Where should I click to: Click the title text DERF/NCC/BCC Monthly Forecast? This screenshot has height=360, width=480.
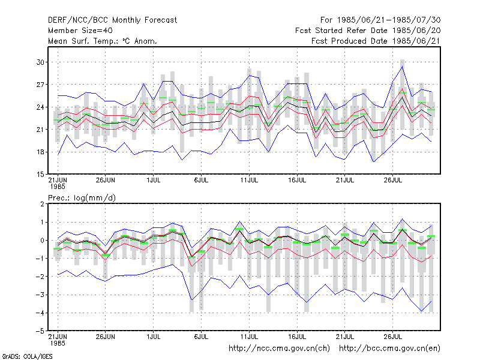(x=112, y=20)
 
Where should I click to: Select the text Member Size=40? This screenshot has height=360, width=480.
(x=80, y=31)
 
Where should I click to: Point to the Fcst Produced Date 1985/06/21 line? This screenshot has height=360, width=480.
(x=376, y=41)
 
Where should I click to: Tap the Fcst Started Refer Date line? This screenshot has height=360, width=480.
(x=368, y=31)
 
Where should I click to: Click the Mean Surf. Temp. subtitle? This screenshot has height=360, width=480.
(x=103, y=41)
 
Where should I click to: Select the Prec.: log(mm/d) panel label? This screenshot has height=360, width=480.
(x=82, y=198)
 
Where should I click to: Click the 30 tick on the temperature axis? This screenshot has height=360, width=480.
(x=40, y=62)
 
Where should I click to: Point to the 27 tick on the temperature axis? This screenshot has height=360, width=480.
(x=40, y=85)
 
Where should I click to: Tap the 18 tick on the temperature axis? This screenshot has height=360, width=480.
(x=40, y=152)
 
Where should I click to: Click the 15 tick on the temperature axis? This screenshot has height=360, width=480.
(x=40, y=175)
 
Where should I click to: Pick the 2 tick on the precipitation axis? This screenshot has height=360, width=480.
(x=42, y=204)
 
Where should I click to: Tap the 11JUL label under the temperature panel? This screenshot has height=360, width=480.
(x=249, y=180)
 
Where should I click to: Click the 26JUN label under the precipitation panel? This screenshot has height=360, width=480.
(x=106, y=337)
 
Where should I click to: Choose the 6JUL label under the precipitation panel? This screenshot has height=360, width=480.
(x=201, y=337)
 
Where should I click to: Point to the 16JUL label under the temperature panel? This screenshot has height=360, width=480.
(x=297, y=180)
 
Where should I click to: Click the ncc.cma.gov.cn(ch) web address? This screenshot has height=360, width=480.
(x=279, y=349)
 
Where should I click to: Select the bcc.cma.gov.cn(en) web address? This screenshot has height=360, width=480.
(x=389, y=349)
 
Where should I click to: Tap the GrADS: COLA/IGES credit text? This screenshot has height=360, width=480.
(x=27, y=356)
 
